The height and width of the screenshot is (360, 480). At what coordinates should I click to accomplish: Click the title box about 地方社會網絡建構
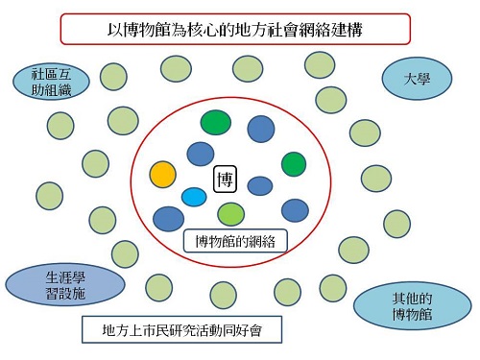(239, 28)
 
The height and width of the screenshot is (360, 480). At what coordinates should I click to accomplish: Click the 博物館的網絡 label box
(235, 240)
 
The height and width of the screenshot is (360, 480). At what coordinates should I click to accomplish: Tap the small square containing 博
(225, 179)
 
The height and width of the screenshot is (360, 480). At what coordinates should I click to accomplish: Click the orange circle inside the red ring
(163, 175)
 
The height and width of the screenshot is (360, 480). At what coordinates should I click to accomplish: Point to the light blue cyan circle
(194, 197)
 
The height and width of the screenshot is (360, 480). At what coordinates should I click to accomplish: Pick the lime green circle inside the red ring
(231, 213)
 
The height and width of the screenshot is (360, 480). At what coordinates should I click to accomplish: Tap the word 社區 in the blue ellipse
(45, 73)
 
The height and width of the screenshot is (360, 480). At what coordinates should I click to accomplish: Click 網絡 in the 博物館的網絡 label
(261, 240)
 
